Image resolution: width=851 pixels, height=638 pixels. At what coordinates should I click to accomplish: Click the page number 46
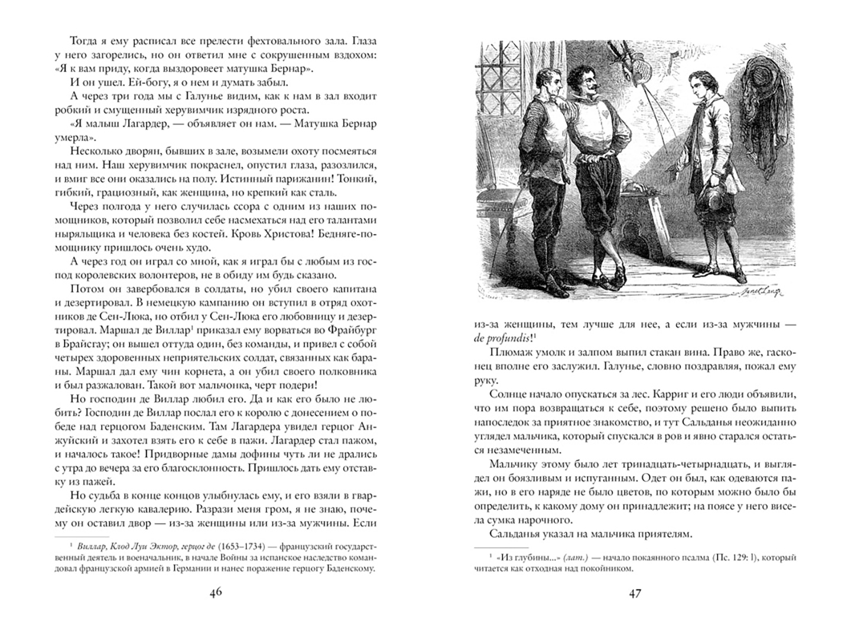click(216, 593)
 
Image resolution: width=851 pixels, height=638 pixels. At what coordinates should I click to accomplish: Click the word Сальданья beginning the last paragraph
click(516, 533)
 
